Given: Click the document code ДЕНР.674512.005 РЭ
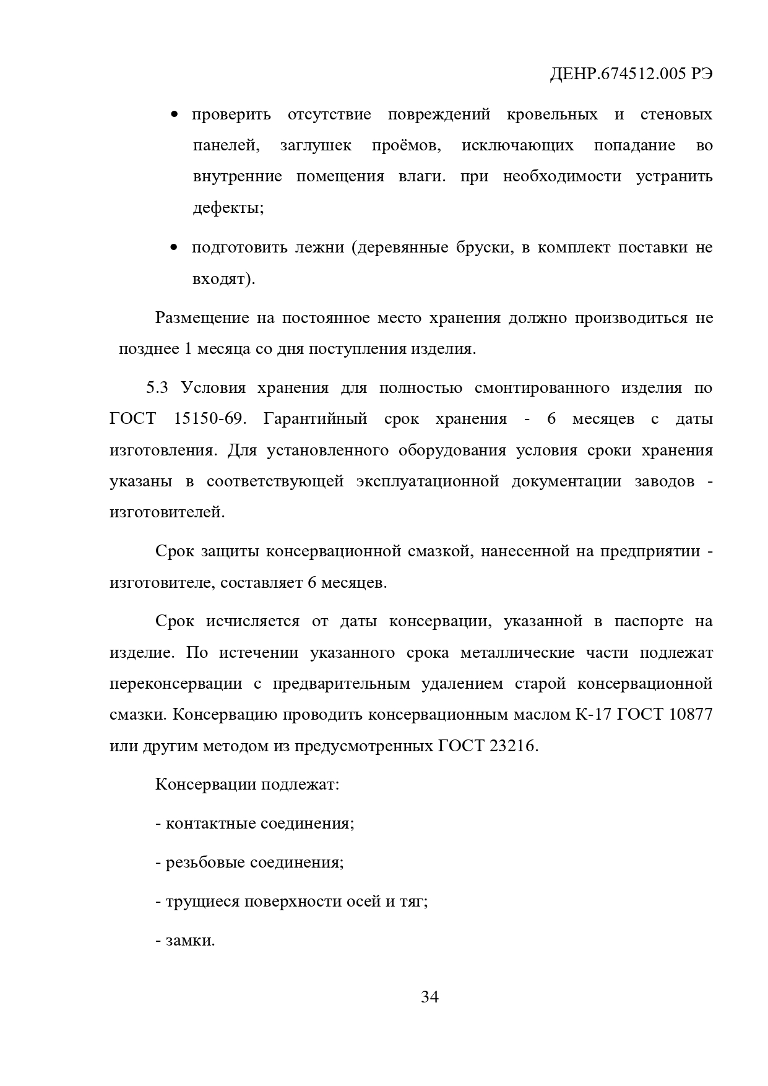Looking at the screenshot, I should click(631, 74).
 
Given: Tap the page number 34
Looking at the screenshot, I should click(429, 997).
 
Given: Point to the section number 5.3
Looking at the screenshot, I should click(157, 388).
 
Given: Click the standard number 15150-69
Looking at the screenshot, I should click(207, 419).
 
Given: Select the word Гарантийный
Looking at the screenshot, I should click(315, 419).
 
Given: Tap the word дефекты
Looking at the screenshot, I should click(228, 208).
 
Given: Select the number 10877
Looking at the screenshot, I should click(689, 715).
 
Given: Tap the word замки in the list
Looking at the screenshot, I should click(189, 941).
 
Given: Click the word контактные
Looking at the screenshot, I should click(210, 824).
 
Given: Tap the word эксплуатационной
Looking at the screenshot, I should click(428, 481).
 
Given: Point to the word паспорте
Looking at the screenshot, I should click(649, 621).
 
